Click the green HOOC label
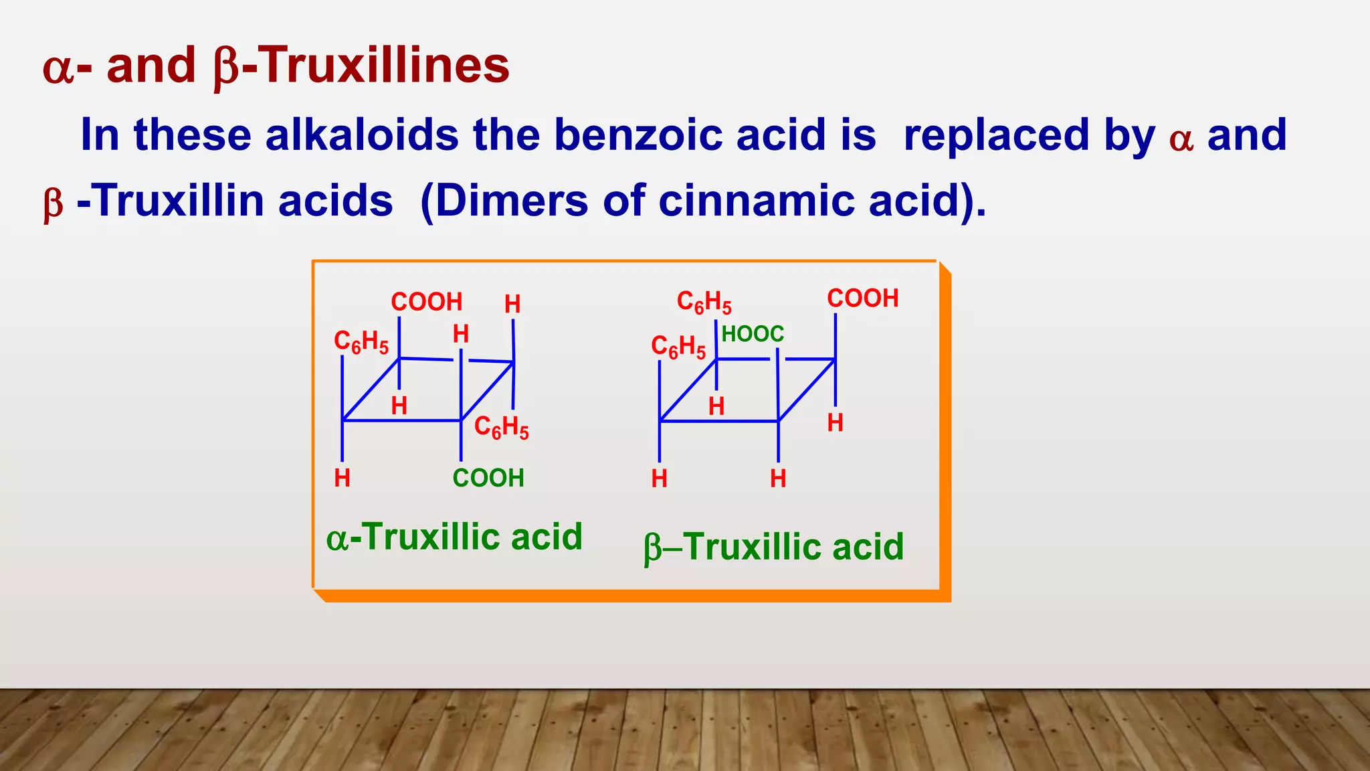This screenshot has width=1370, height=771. point(752,333)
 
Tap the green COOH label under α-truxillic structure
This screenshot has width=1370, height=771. point(488,478)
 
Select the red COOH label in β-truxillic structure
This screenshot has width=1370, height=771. point(862,298)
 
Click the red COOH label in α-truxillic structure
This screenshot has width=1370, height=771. point(427,302)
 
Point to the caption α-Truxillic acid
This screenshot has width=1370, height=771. point(454,537)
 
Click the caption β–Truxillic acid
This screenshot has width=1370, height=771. point(773,547)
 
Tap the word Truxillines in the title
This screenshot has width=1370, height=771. point(383,66)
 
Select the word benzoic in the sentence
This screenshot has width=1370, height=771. point(638,135)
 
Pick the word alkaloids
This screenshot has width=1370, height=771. point(362,135)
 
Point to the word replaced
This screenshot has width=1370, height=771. point(1029,135)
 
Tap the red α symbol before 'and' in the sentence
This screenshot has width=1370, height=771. point(1181,139)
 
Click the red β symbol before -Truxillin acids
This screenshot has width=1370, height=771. point(54,203)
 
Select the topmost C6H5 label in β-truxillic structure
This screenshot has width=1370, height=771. point(704,302)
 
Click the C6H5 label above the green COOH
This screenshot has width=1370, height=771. point(501,427)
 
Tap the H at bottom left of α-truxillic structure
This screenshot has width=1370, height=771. point(342,478)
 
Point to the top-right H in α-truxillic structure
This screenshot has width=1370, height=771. point(512,304)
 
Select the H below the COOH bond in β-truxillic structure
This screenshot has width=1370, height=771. point(835,422)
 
